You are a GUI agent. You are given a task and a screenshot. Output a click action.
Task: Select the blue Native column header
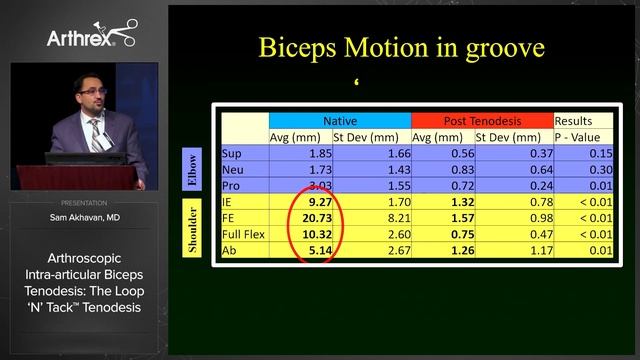point(339,120)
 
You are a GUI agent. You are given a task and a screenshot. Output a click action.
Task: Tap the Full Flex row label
point(244,233)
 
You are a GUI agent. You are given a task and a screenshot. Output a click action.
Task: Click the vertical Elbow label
point(190,170)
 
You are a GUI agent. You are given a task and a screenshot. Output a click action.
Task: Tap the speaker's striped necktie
point(96,135)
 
